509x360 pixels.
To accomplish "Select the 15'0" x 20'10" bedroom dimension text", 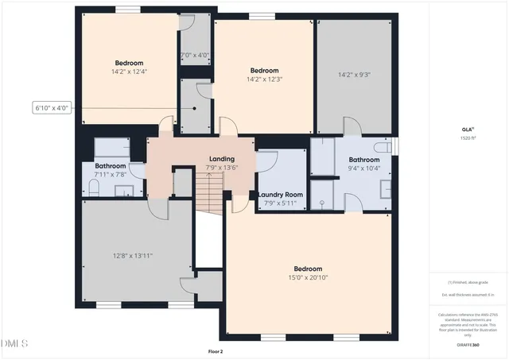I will pyautogui.click(x=308, y=277).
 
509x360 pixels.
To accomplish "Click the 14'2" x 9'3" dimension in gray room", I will pyautogui.click(x=354, y=75).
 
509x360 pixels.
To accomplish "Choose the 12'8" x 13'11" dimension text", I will pyautogui.click(x=132, y=255).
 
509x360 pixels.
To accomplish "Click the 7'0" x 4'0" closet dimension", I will pyautogui.click(x=195, y=56).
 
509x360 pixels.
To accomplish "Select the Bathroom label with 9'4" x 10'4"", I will pyautogui.click(x=364, y=159).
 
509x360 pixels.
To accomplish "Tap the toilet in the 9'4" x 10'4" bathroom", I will pyautogui.click(x=383, y=148).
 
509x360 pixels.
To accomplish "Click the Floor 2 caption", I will pyautogui.click(x=215, y=351).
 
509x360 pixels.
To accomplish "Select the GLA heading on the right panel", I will pyautogui.click(x=468, y=129).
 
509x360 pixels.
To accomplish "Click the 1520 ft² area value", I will pyautogui.click(x=468, y=137).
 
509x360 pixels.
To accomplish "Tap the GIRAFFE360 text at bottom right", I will pyautogui.click(x=468, y=345).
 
